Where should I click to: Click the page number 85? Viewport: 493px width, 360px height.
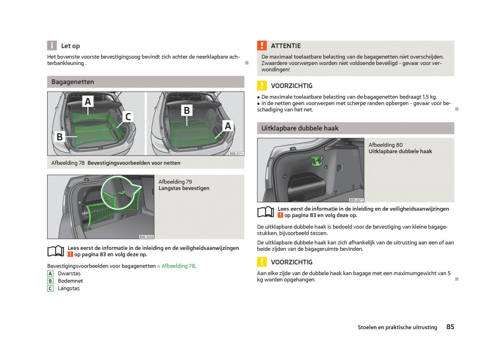(x=450, y=327)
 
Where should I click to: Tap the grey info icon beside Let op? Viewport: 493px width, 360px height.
(x=52, y=46)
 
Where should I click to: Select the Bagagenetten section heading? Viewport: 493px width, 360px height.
(x=73, y=82)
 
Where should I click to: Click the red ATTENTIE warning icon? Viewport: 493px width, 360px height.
(x=262, y=46)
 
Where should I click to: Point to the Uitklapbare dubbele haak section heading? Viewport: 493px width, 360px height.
(x=300, y=128)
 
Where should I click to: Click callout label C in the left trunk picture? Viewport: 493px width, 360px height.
(x=128, y=117)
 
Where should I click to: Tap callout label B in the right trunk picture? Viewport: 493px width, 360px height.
(x=187, y=110)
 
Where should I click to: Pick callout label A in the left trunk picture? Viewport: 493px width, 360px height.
(x=88, y=101)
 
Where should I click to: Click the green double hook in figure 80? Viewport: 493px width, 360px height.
(x=316, y=161)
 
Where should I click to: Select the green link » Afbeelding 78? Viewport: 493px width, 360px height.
(x=176, y=266)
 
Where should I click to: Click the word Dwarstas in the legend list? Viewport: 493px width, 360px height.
(x=69, y=273)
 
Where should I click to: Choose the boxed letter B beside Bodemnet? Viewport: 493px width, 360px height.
(x=50, y=281)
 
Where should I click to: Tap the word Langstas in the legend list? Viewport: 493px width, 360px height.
(x=69, y=288)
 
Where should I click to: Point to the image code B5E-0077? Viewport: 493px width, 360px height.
(x=356, y=200)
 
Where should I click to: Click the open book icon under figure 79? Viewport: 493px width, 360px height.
(x=55, y=251)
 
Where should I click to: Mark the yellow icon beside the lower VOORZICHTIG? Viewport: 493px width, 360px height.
(x=262, y=262)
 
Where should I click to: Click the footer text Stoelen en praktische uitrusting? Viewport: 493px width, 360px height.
(x=397, y=328)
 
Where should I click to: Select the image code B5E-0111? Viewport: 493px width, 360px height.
(x=236, y=153)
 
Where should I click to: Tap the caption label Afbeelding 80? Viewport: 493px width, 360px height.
(x=385, y=145)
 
